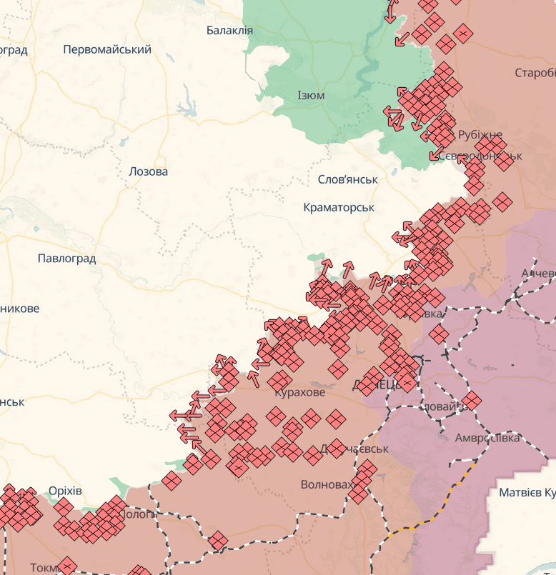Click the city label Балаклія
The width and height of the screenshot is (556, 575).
229,30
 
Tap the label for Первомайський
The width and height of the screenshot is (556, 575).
107,49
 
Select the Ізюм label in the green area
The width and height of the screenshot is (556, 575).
311,95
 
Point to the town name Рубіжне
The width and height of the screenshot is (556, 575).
480,134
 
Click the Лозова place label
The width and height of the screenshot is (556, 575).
148,171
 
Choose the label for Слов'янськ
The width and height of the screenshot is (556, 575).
347,179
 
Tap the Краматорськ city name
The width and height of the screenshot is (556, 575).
339,207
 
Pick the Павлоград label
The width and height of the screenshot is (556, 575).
66,259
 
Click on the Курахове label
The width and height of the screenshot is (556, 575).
299,392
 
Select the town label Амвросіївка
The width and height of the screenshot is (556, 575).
489,437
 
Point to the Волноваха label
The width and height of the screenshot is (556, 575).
327,484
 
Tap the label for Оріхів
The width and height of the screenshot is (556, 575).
65,491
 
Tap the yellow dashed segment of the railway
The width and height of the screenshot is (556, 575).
468,471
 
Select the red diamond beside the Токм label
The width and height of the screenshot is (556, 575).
66,566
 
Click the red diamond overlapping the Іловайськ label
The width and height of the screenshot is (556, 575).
471,401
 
